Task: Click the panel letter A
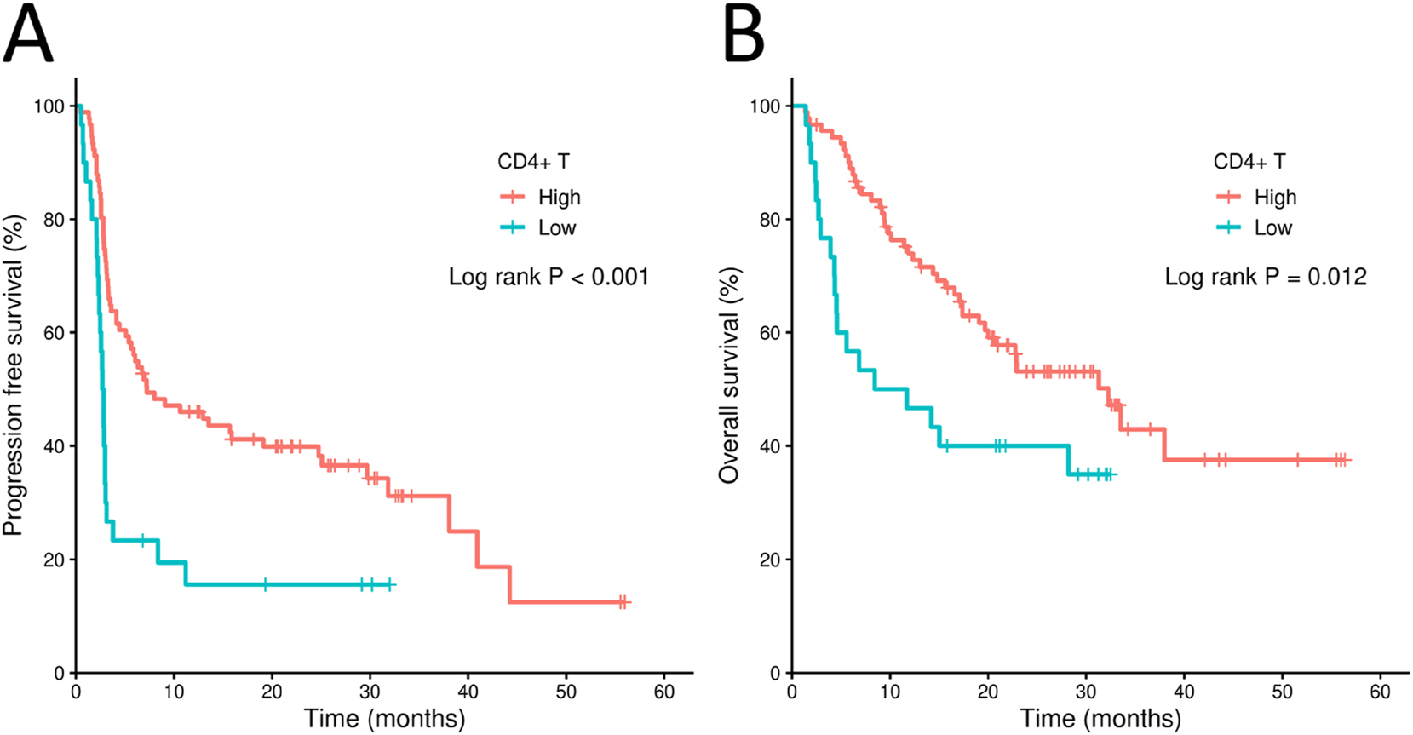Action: [28, 34]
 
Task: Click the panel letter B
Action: [744, 34]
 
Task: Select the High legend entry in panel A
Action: [559, 198]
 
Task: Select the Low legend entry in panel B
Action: [1272, 228]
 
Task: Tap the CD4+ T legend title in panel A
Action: [533, 162]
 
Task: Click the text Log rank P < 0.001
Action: [549, 277]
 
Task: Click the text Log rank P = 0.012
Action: [1265, 277]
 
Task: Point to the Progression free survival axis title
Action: [14, 375]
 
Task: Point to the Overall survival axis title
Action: [729, 375]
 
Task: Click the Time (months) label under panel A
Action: [385, 719]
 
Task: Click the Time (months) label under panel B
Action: [1100, 719]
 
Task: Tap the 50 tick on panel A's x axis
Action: [566, 692]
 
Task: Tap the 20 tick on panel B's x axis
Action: [988, 692]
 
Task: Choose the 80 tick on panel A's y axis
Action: [54, 220]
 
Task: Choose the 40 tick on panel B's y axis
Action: [770, 446]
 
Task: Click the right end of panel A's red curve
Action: [630, 602]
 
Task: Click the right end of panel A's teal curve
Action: [395, 584]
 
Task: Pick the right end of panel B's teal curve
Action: [1116, 474]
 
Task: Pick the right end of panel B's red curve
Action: [1350, 460]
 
